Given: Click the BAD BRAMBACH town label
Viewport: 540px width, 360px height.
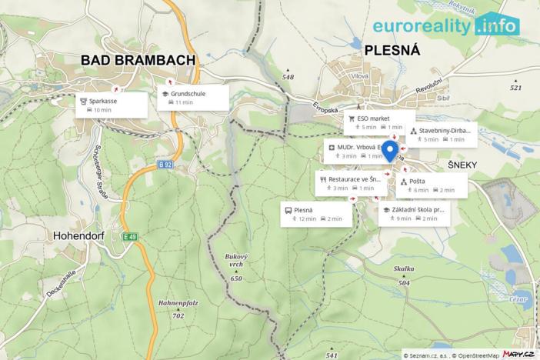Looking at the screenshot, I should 139,61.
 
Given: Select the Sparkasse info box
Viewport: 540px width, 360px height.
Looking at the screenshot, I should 112,105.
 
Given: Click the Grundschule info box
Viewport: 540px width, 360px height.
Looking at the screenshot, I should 193,97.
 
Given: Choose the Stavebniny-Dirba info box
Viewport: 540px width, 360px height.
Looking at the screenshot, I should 442,135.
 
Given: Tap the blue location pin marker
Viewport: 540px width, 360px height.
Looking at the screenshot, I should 389,151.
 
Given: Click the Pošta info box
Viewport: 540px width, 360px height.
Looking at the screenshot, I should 431,185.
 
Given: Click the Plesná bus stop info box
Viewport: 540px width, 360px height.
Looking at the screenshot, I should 315,214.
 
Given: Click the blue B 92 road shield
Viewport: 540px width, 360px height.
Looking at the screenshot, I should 164,164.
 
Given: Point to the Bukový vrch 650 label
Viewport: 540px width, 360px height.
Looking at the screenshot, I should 235,266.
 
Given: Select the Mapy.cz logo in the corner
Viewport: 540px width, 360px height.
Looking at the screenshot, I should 519,353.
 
